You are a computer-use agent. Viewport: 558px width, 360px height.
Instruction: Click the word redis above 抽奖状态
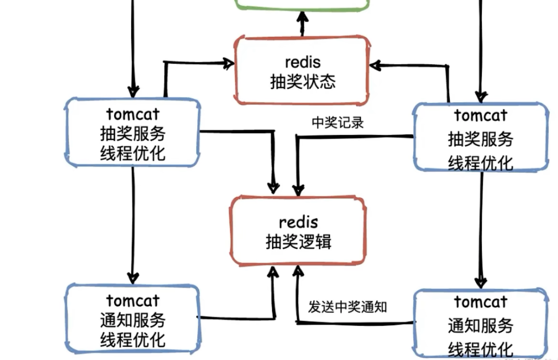302,62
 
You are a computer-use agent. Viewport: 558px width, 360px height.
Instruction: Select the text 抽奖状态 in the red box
302,82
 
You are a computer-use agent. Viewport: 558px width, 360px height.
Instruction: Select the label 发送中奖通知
348,307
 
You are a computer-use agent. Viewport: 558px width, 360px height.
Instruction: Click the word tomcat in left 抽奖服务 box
132,113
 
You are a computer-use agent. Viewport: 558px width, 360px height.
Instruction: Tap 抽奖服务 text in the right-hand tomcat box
480,139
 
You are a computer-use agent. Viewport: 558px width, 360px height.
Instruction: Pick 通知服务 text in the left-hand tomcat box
132,320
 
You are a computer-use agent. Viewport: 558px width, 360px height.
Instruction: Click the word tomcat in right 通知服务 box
480,303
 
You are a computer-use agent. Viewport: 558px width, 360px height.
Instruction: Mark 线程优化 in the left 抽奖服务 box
132,153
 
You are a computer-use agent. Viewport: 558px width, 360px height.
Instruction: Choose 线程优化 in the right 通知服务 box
480,348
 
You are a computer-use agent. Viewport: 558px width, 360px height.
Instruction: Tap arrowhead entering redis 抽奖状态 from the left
228,64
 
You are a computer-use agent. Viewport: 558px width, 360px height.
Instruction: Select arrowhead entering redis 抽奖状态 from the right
376,65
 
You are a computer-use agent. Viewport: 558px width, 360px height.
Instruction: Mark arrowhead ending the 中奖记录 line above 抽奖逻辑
298,189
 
